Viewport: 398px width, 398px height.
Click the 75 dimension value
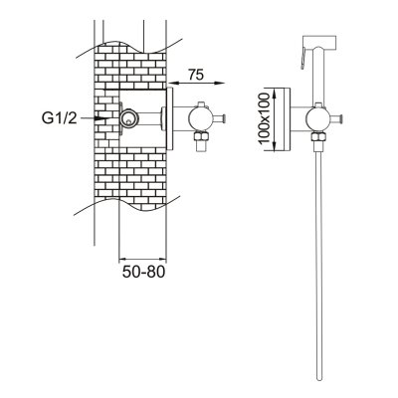pos(196,75)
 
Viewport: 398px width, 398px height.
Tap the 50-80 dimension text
pos(143,272)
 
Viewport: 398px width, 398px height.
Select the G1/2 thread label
pos(60,118)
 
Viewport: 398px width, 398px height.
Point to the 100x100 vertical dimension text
pos(265,118)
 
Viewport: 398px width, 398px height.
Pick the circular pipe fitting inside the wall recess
pos(128,118)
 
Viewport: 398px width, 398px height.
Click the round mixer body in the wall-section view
pos(200,119)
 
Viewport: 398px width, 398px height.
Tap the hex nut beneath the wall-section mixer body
pos(201,135)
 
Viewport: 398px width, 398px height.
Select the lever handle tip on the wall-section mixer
pos(225,118)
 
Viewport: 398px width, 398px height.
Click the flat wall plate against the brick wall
pos(169,118)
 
